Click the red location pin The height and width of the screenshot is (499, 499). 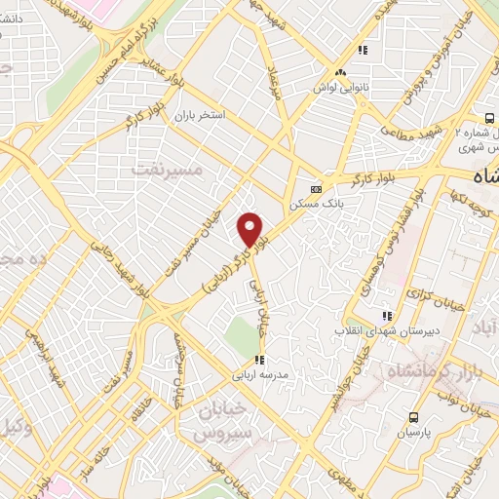(250, 229)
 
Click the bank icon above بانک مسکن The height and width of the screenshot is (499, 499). (316, 189)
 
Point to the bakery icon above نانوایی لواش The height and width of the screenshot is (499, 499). (340, 72)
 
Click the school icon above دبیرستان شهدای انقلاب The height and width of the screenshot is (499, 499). (387, 315)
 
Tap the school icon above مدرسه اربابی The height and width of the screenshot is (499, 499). (258, 360)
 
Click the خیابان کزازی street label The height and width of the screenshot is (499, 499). (427, 293)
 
